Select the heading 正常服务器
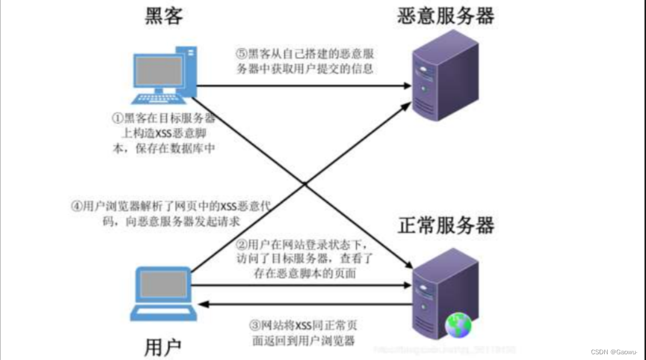[446, 226]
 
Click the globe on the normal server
[458, 325]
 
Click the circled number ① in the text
[117, 119]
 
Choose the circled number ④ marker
[76, 207]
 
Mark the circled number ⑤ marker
[241, 54]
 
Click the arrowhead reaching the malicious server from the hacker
[407, 86]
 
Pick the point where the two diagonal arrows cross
[305, 184]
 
